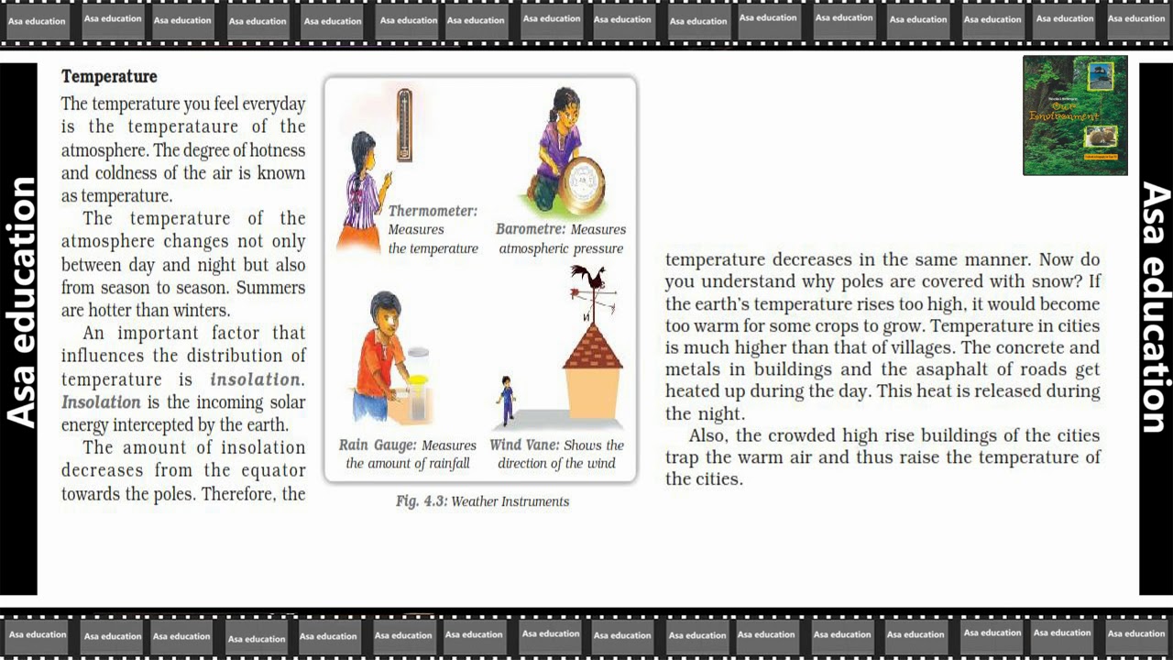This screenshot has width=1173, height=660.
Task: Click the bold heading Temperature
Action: pyautogui.click(x=109, y=76)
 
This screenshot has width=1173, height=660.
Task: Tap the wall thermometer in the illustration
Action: pyautogui.click(x=404, y=125)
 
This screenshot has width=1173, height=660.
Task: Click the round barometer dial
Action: pyautogui.click(x=581, y=184)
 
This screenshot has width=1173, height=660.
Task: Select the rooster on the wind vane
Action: pyautogui.click(x=589, y=276)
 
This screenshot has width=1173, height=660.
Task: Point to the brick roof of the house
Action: pyautogui.click(x=593, y=347)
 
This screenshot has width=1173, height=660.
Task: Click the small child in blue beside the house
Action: pyautogui.click(x=505, y=400)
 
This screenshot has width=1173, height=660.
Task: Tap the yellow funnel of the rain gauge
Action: pyautogui.click(x=418, y=379)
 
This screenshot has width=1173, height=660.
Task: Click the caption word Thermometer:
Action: pyautogui.click(x=433, y=211)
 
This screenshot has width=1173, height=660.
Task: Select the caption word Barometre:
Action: pyautogui.click(x=531, y=229)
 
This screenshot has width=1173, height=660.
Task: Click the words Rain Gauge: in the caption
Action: pyautogui.click(x=377, y=445)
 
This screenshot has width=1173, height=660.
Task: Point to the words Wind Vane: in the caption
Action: pyautogui.click(x=524, y=445)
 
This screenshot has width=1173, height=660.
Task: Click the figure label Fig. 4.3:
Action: pyautogui.click(x=422, y=501)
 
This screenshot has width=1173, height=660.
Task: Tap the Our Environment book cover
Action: pyautogui.click(x=1075, y=115)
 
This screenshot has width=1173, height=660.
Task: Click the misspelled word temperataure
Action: pyautogui.click(x=182, y=126)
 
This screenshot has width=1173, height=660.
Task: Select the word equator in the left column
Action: pyautogui.click(x=273, y=471)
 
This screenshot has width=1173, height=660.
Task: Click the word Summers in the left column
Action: pyautogui.click(x=270, y=288)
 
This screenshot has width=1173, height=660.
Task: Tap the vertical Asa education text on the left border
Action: pyautogui.click(x=20, y=302)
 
